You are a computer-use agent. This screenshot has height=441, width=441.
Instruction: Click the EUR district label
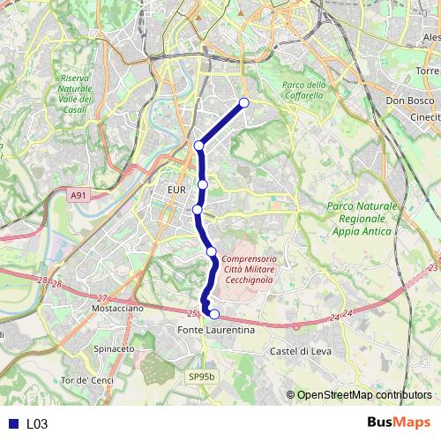coord(175,190)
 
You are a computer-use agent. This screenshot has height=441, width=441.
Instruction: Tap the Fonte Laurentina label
coord(216,330)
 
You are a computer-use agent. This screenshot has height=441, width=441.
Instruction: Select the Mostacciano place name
coord(117,310)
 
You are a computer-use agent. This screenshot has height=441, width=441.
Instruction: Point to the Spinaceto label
coord(113,349)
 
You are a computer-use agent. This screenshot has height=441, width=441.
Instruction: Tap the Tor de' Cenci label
coord(87,380)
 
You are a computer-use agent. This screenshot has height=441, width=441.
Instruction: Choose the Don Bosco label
coord(407,101)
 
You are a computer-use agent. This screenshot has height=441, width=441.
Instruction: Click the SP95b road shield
coord(200,377)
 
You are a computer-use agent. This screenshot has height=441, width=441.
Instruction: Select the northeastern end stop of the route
coord(244,103)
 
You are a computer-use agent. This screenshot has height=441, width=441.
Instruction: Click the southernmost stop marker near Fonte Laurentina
coord(214,313)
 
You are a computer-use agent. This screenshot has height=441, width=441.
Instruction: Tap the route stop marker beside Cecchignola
coord(212,252)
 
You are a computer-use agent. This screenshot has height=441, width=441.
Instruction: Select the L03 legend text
coord(36,424)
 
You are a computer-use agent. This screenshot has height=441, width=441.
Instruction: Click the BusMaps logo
coord(397,423)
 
